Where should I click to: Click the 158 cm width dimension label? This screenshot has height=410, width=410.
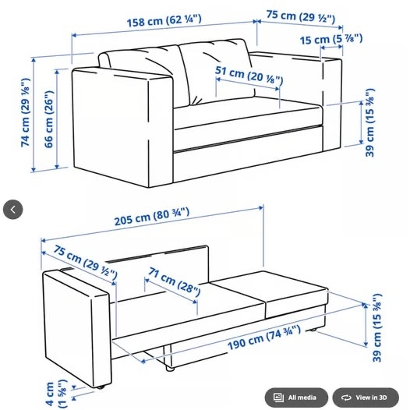[164, 20]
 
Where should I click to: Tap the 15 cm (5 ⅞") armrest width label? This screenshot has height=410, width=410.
[331, 39]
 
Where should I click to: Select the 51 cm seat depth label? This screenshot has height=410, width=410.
[249, 76]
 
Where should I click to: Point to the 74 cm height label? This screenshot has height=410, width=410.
[26, 112]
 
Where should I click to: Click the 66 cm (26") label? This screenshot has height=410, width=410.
[49, 119]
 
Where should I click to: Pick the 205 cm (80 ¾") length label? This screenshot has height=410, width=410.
[152, 217]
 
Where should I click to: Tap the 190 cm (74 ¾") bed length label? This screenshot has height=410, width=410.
[264, 338]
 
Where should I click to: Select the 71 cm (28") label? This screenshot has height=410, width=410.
[175, 281]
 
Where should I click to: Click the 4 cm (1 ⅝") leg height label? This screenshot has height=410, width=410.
[56, 394]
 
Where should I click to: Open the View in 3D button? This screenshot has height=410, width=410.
[366, 398]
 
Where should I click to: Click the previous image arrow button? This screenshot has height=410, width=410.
[12, 210]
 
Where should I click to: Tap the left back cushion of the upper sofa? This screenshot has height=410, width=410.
[144, 75]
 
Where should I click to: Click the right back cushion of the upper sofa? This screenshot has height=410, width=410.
[217, 71]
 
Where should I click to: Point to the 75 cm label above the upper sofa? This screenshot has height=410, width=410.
[301, 16]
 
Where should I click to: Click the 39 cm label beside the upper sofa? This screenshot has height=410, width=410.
[370, 122]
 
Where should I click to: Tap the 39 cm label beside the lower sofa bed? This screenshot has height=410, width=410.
[376, 328]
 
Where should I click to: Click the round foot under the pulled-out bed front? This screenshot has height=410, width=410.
[170, 369]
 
